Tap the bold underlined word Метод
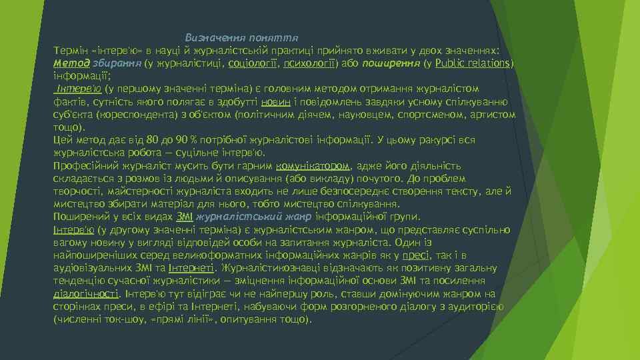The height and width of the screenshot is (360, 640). (69, 63)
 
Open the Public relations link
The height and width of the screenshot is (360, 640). (473, 63)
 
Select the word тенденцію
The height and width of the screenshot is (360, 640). (79, 281)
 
